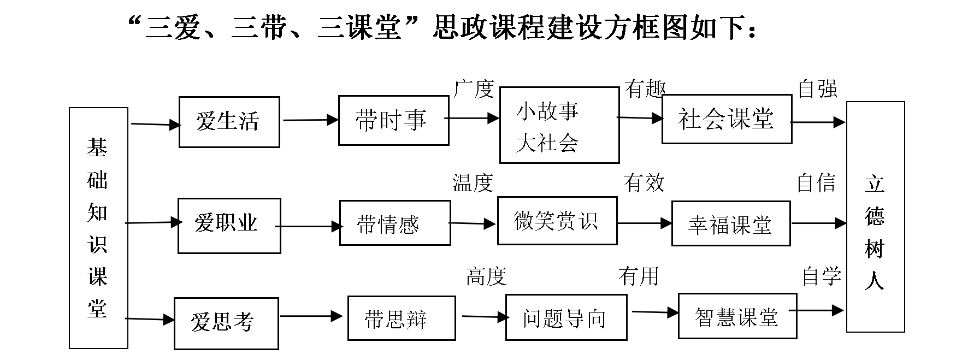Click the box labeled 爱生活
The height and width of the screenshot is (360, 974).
point(229,122)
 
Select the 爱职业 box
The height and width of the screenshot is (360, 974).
point(229,225)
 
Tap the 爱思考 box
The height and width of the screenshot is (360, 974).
point(226,323)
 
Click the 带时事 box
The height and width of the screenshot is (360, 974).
point(393,120)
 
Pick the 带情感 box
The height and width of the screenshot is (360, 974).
point(394,223)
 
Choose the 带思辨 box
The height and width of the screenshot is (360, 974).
point(401,318)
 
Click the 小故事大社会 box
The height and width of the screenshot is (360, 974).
point(559,125)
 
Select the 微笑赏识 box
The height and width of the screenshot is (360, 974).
point(557,221)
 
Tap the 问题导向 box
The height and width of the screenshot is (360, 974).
point(565,318)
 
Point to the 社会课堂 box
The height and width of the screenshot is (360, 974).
point(726,119)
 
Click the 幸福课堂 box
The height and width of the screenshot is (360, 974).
point(730,224)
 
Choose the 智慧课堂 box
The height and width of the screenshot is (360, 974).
point(737,316)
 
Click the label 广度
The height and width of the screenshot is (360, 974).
point(474,89)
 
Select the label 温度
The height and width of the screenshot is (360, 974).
point(473,182)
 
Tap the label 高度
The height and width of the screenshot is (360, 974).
point(486,276)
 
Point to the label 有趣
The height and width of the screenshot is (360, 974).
point(645,89)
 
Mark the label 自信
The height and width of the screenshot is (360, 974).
point(816,182)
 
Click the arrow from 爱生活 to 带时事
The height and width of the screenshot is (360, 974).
point(309,120)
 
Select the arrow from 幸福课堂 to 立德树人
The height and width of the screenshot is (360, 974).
point(818,223)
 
